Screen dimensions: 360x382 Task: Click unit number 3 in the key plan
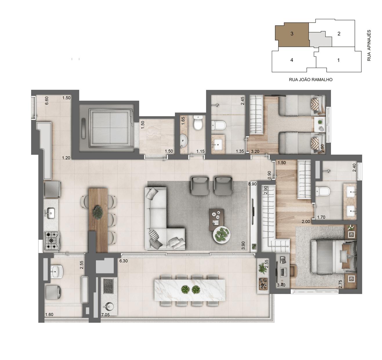click(292, 34)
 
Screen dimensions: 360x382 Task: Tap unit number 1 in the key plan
click(338, 60)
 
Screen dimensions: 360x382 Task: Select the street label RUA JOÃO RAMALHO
click(311, 79)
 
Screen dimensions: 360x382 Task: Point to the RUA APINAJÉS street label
click(369, 45)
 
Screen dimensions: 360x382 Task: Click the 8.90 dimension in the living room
click(252, 184)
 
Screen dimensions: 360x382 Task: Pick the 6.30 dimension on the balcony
click(123, 261)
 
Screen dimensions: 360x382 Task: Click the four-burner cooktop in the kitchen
click(52, 241)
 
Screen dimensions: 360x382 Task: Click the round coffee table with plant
click(222, 234)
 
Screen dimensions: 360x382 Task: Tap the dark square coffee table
click(216, 216)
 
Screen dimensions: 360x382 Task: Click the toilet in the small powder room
click(198, 123)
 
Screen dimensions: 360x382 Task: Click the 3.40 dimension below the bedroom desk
click(281, 285)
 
